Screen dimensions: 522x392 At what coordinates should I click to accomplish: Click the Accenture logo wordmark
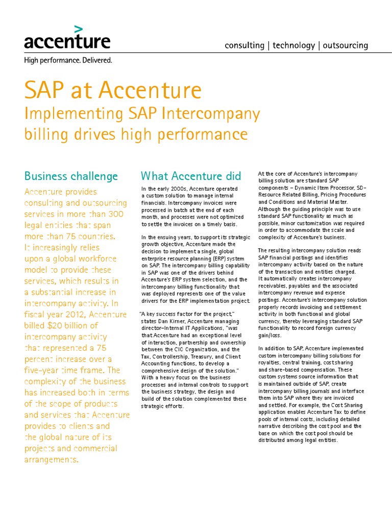[x=67, y=41]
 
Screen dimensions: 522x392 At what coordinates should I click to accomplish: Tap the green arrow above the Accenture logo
[x=78, y=29]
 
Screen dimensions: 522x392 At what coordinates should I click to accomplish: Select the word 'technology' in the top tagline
[x=293, y=45]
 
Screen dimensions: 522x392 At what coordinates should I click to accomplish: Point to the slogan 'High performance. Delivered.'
[x=68, y=60]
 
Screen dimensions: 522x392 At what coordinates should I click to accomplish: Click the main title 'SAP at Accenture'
[x=113, y=91]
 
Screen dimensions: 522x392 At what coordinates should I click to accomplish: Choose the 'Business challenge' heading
[x=71, y=176]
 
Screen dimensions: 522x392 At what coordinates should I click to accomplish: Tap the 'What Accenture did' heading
[x=190, y=176]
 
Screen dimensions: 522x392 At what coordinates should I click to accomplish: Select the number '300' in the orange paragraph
[x=115, y=214]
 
